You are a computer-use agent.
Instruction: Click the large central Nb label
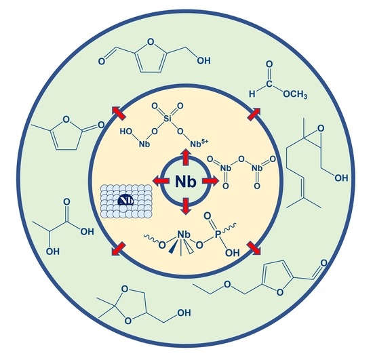point(186,182)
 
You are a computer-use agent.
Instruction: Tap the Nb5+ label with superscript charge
point(199,143)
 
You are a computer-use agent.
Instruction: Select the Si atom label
point(168,118)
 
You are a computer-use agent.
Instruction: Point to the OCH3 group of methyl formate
point(295,94)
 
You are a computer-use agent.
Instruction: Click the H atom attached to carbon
point(252,94)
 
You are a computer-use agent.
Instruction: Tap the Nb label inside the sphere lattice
point(125,201)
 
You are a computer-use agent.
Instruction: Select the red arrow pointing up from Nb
point(185,157)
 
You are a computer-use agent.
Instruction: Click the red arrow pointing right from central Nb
point(210,181)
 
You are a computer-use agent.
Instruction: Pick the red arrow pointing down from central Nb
point(186,206)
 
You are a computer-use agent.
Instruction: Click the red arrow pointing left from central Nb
point(161,181)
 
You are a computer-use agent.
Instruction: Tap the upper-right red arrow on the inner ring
point(254,114)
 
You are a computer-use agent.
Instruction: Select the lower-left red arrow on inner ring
point(118,249)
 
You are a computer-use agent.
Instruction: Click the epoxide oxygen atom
point(321,129)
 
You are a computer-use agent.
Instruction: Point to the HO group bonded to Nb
point(126,132)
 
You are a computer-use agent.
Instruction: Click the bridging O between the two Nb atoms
point(241,159)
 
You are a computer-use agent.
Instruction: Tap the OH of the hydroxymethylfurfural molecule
point(203,60)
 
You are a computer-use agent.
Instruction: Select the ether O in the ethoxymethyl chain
point(228,284)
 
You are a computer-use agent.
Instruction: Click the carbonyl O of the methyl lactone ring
point(101,125)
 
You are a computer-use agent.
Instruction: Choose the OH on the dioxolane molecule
point(184,313)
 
